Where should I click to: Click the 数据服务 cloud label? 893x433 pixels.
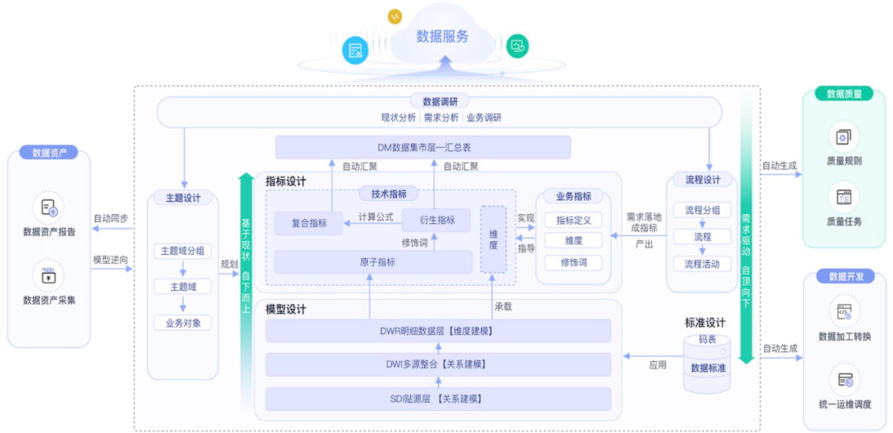coord(442,36)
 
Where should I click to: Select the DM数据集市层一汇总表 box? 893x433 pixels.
coord(423,147)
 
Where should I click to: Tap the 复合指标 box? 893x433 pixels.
coord(309,222)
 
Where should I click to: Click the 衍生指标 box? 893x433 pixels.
coord(436,221)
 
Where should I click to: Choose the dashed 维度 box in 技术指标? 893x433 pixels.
coord(494,239)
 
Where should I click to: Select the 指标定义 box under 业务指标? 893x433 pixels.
coord(573,221)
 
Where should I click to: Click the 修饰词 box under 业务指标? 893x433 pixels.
coord(573,262)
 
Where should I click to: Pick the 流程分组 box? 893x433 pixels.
coord(702,210)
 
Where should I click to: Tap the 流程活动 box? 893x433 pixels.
coord(702,264)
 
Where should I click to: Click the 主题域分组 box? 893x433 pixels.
coord(182,251)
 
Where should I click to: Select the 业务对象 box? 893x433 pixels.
coord(182,322)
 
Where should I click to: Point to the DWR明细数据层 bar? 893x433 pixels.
coord(437,331)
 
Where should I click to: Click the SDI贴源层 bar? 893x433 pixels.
coord(437,399)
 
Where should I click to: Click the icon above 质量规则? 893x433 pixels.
coord(843,136)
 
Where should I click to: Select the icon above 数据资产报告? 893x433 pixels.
coord(49,207)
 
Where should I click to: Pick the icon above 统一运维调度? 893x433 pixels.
coord(844,379)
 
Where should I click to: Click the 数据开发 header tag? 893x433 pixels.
coord(844,277)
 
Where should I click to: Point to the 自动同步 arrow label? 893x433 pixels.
coord(110,219)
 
